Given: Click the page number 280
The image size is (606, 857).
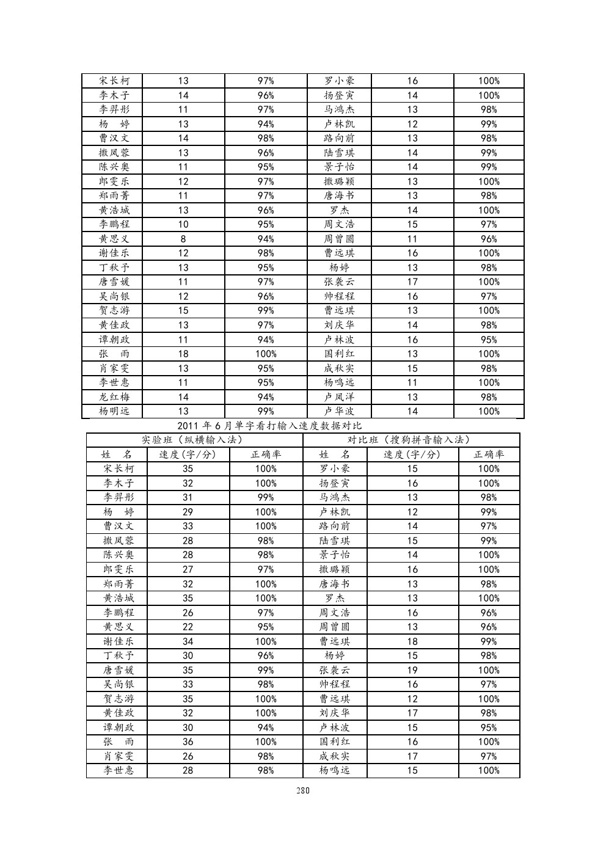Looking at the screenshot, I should [303, 790].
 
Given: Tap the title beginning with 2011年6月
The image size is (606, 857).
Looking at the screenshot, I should [269, 426].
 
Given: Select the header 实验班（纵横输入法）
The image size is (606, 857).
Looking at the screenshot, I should [192, 440].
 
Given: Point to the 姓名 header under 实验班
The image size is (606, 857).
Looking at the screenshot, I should [117, 454].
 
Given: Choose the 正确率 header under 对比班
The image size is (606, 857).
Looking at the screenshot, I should [489, 454].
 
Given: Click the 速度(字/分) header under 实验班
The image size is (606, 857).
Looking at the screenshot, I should [188, 454].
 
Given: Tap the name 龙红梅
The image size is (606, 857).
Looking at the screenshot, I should [114, 397].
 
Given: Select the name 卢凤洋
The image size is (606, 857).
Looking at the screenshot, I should [339, 397].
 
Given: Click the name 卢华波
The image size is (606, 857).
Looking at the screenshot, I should [339, 411].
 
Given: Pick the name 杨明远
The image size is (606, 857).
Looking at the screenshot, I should [114, 411].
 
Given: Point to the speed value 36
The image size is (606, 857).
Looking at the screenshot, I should [188, 742].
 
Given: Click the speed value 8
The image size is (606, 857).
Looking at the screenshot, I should [183, 239].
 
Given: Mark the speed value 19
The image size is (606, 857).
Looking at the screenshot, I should [412, 670].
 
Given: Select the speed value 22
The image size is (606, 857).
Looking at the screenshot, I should [188, 627].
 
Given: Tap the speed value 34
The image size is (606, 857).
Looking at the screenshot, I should [188, 641].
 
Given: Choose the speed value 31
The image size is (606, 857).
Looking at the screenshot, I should [188, 498].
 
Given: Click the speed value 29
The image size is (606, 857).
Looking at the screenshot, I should [188, 512].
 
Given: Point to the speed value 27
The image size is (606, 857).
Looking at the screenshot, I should [188, 569].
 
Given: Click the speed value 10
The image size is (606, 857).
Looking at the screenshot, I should [183, 224].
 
